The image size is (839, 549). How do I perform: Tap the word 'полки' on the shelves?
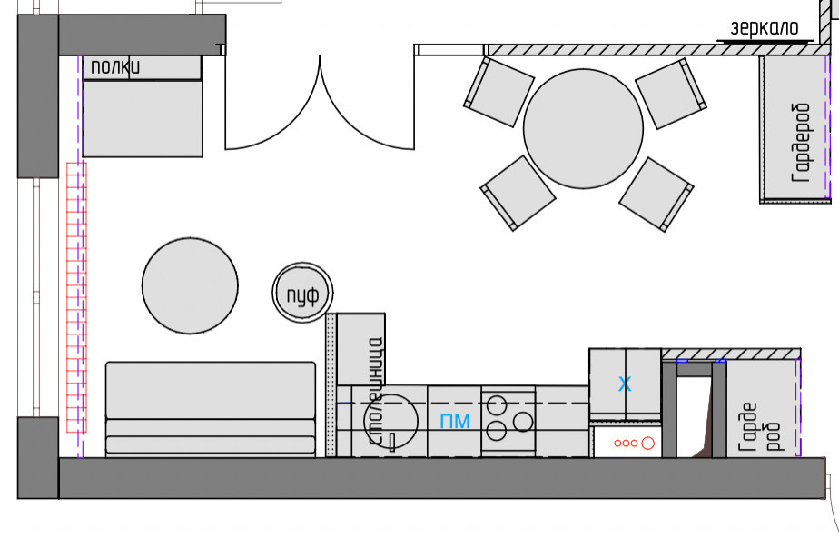point(115,66)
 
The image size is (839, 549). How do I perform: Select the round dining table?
point(583,128)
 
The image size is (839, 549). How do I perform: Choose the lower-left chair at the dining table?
point(518,192)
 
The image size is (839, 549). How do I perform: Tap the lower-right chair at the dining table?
point(657,194)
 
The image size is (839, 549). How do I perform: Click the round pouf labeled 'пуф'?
point(303,293)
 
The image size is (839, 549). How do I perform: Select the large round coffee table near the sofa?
point(191,284)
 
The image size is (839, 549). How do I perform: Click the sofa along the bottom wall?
point(211,409)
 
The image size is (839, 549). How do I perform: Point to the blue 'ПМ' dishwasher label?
point(455,421)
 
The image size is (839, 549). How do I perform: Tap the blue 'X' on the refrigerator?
point(625,384)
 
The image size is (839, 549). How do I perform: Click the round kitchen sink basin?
point(393,419)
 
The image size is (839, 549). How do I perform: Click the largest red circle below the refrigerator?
point(647,444)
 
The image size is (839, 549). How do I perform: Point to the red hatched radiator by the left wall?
point(76,296)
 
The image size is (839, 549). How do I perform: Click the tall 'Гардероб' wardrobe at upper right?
point(795,127)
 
